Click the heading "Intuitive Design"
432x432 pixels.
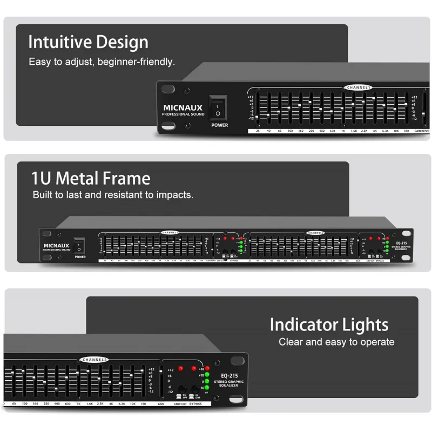(x=88, y=42)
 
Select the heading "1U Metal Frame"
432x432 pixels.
(x=91, y=178)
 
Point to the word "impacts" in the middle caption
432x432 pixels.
(x=174, y=194)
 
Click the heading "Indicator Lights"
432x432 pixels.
(x=329, y=325)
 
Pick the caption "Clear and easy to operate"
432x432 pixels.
(x=336, y=342)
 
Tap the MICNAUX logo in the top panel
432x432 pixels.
(x=183, y=108)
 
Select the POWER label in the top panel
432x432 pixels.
(x=219, y=125)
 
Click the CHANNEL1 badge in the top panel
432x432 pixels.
(x=358, y=87)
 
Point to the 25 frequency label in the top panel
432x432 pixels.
(x=258, y=131)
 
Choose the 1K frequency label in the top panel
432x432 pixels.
(x=343, y=131)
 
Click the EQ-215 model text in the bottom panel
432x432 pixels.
(x=230, y=375)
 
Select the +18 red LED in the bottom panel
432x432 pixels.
(x=207, y=369)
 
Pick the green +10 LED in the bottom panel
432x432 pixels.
(x=207, y=375)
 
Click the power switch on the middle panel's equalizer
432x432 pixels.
(x=79, y=246)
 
